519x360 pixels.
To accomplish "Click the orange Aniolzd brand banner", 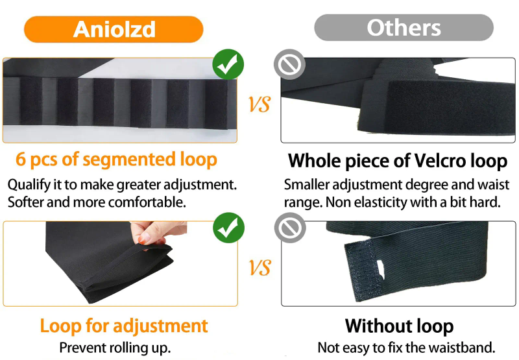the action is (x=114, y=29).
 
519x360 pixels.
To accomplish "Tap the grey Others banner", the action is (x=404, y=27).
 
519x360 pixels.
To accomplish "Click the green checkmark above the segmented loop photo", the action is (x=228, y=64).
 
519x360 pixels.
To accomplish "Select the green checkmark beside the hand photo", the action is (x=228, y=228).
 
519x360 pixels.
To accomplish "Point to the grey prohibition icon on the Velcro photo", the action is (x=289, y=64).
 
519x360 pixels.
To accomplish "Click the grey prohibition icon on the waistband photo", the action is (x=290, y=228).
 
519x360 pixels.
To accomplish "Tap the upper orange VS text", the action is (x=259, y=104).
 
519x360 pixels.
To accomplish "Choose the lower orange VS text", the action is (x=259, y=267).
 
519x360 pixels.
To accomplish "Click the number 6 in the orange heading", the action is (x=21, y=159).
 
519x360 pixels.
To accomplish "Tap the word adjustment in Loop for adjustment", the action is (x=160, y=326).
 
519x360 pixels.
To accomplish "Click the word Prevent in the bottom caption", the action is (x=83, y=348).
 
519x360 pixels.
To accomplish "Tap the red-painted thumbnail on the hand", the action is (x=144, y=238).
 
